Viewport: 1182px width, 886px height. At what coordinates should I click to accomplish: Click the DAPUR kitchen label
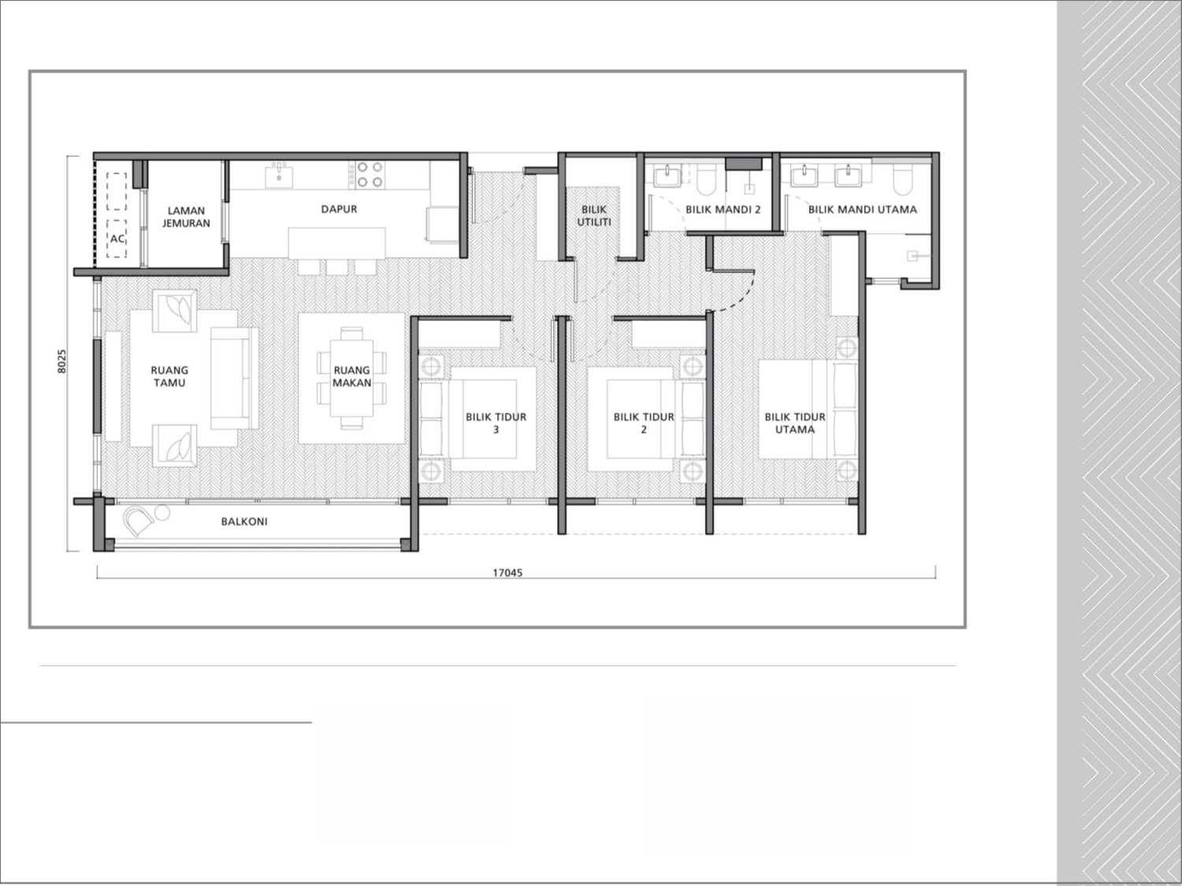[339, 209]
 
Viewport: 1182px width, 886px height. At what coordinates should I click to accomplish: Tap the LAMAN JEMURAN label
[187, 217]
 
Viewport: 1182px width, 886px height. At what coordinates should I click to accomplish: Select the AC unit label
[117, 238]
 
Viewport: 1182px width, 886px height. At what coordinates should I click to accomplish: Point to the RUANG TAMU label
[169, 376]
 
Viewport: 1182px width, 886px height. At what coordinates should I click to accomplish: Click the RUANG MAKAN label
[351, 376]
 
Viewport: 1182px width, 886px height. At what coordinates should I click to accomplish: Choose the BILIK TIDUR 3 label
[496, 423]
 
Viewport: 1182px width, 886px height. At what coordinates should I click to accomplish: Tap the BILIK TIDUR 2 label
[644, 423]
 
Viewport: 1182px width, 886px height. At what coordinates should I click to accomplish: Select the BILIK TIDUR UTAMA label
[794, 423]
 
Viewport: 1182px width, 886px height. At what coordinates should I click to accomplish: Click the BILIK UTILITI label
[594, 216]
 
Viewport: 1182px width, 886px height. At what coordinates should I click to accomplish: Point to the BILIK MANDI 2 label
[723, 210]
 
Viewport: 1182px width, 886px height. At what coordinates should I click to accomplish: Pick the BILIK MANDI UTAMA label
[862, 210]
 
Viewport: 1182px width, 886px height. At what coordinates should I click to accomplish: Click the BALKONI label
[243, 521]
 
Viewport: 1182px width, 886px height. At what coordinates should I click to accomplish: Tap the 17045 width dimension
[507, 573]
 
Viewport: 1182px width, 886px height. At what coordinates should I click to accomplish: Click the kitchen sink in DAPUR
[279, 175]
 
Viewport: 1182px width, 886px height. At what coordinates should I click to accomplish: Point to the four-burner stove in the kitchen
[370, 174]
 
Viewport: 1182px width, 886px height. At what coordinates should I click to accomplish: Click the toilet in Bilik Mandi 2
[706, 180]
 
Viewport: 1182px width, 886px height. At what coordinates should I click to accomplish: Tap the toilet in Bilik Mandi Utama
[902, 180]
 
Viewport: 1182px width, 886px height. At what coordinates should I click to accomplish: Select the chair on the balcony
[140, 521]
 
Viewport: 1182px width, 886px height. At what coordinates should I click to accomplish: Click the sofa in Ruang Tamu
[235, 378]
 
